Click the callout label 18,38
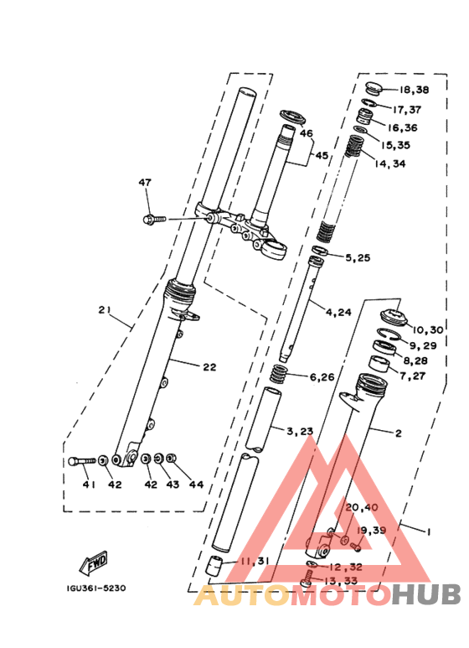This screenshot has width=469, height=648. [x=414, y=91]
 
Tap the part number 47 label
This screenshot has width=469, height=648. [x=146, y=182]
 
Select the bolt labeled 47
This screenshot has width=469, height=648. [x=153, y=220]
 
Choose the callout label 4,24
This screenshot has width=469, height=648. [x=340, y=313]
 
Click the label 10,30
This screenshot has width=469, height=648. [x=426, y=330]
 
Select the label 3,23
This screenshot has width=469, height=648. [x=300, y=432]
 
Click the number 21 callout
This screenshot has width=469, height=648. [x=105, y=310]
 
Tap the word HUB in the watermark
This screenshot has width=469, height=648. [x=427, y=595]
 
